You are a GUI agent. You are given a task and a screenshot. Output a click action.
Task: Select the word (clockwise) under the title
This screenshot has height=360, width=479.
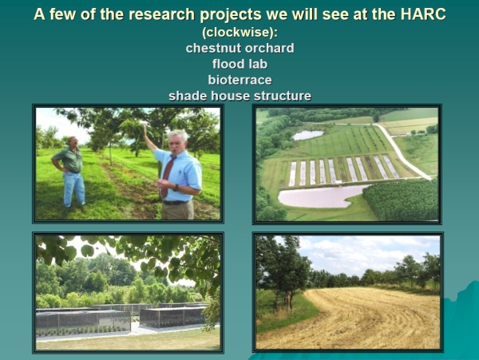coord(239,33)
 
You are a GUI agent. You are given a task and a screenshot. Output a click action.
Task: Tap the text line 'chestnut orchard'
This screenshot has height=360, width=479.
coord(239,48)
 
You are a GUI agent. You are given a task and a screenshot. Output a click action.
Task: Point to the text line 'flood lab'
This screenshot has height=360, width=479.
coord(239,64)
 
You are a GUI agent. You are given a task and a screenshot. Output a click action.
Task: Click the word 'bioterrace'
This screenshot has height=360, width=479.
coord(239,80)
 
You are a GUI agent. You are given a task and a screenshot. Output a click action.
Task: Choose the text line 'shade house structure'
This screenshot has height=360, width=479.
coord(239,96)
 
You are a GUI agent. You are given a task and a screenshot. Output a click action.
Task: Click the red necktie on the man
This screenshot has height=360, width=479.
coord(167,176)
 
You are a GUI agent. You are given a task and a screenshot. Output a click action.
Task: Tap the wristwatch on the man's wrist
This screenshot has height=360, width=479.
coord(176,187)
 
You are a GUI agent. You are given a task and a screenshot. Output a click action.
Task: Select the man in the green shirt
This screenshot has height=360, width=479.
coord(69,172)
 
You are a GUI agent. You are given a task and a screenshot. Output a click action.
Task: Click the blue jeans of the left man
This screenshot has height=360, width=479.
coord(73,188)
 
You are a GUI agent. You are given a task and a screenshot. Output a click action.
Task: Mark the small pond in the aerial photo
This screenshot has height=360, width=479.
coord(307,135)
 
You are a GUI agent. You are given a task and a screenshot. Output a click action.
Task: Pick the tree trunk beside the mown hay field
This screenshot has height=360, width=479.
coord(287,301)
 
